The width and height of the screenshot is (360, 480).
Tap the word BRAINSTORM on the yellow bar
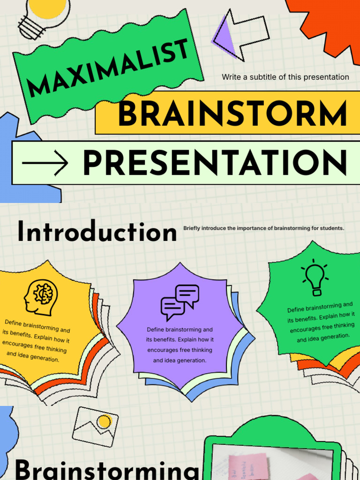click(x=232, y=114)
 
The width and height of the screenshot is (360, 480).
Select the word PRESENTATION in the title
click(x=215, y=164)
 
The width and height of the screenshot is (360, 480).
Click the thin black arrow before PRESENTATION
click(x=45, y=164)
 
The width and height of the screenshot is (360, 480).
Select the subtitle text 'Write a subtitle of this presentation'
click(x=285, y=77)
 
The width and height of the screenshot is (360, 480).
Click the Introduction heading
click(x=97, y=232)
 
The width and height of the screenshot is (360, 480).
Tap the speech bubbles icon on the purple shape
click(x=180, y=302)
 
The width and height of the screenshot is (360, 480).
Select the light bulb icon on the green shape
click(x=315, y=279)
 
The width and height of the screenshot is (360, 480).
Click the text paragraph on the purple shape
click(x=180, y=345)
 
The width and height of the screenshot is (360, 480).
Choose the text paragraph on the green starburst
click(x=321, y=323)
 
